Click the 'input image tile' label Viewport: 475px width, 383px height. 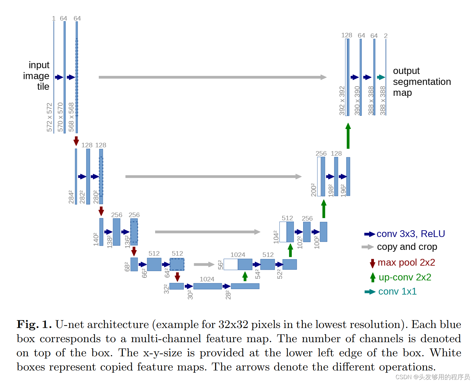tap(36, 76)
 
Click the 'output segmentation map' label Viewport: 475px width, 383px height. tap(422, 82)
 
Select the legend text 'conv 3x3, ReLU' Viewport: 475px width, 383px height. tap(411, 234)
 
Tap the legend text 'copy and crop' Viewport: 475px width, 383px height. tap(407, 247)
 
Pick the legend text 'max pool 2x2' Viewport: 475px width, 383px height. tap(406, 262)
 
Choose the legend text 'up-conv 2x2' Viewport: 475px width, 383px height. tap(405, 277)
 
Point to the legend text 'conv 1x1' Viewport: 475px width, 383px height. tap(397, 291)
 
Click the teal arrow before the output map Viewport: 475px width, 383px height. tap(381, 77)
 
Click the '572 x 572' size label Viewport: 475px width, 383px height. tap(49, 117)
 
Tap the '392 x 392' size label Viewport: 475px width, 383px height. tap(342, 100)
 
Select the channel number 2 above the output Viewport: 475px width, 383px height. tap(386, 36)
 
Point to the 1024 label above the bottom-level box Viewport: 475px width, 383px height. tap(207, 279)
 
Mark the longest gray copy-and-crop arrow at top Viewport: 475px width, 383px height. tap(212, 77)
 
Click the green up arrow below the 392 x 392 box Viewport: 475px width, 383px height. tap(348, 136)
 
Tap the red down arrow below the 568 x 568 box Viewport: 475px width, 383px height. tap(76, 141)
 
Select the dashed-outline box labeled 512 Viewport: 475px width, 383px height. tap(177, 264)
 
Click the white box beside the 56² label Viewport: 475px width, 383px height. tap(231, 264)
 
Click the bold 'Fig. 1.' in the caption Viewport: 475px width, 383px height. tap(34, 324)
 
